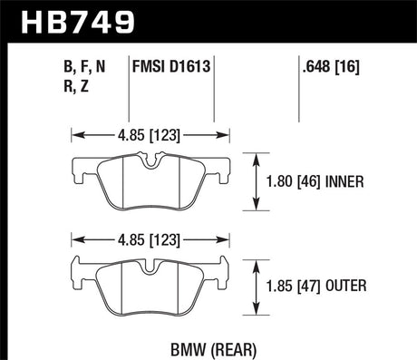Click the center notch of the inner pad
[x=151, y=164]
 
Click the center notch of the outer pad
[x=151, y=268]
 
